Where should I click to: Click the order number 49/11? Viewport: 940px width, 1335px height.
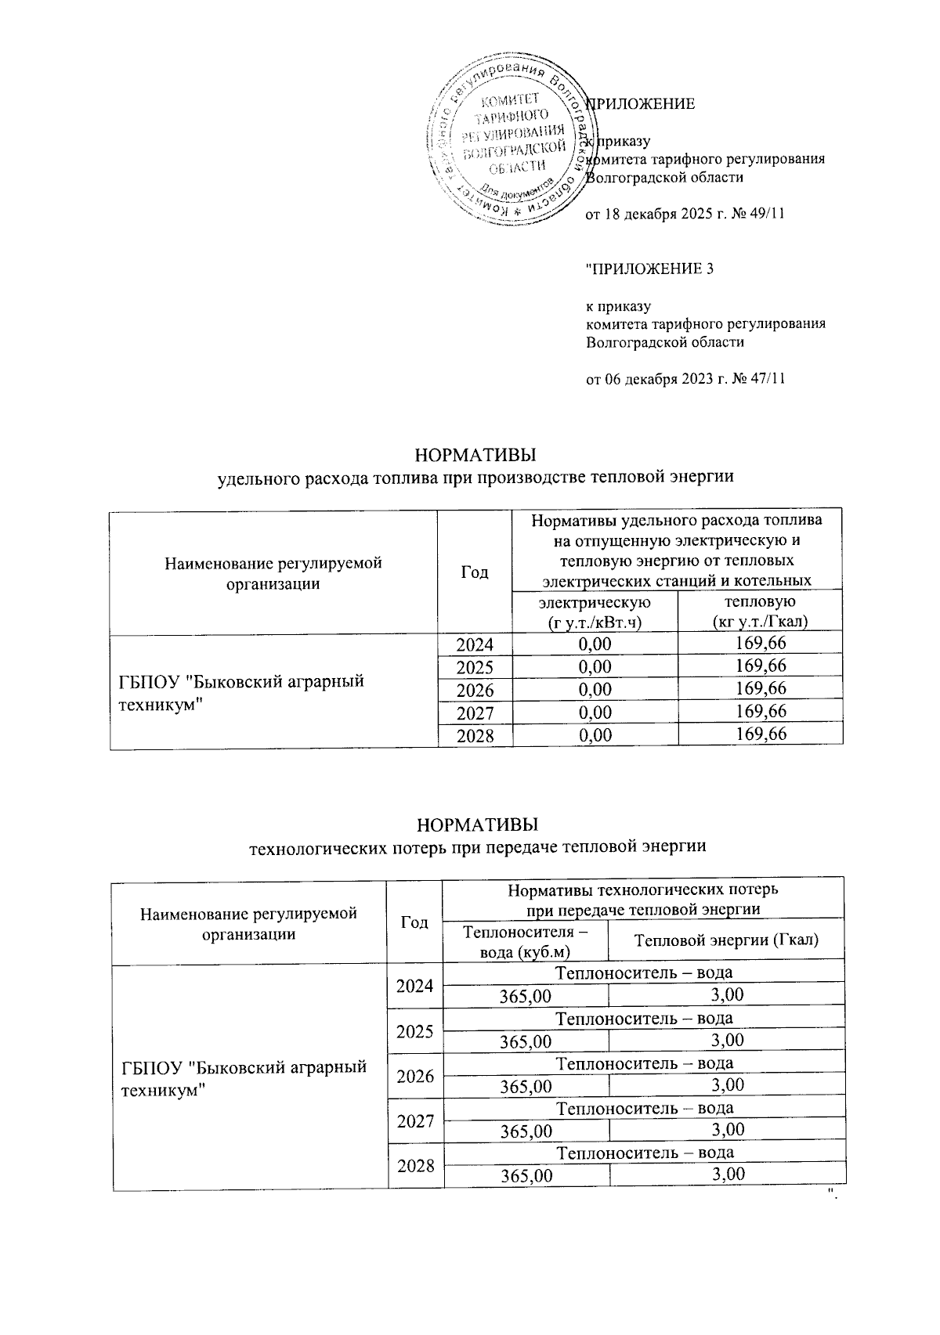(767, 215)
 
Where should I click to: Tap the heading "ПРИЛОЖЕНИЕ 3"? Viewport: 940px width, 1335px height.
(651, 269)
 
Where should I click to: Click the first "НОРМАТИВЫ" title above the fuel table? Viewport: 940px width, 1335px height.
(477, 455)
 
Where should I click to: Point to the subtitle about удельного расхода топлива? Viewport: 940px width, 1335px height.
(477, 476)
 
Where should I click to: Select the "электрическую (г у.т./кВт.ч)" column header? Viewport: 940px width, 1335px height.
(595, 612)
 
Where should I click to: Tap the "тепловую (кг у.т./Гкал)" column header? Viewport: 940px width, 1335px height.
(760, 612)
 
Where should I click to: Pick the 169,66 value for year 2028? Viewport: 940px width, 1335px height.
(760, 734)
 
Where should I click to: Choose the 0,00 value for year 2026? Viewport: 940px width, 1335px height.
(595, 689)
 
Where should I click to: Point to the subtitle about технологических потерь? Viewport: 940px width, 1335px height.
(477, 846)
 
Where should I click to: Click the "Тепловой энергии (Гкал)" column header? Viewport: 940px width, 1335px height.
(726, 940)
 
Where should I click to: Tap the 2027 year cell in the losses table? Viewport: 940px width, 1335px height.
(415, 1120)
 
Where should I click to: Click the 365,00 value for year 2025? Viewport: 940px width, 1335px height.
(526, 1041)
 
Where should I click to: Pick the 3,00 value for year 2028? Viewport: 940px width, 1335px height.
(726, 1174)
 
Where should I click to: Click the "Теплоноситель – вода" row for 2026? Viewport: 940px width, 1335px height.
(644, 1063)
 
